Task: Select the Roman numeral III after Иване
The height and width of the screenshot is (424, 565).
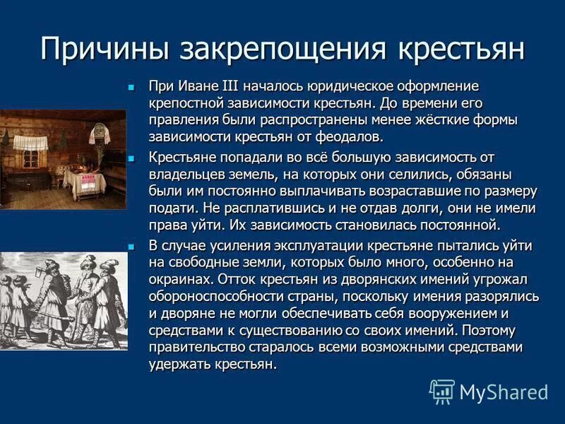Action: pyautogui.click(x=229, y=86)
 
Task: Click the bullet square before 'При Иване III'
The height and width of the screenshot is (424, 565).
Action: pyautogui.click(x=131, y=87)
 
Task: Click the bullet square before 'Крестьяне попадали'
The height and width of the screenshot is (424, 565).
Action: pyautogui.click(x=131, y=157)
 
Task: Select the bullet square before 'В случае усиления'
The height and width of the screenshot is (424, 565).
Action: pyautogui.click(x=131, y=245)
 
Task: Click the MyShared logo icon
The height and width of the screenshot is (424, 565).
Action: pyautogui.click(x=442, y=391)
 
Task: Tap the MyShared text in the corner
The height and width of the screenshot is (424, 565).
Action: pyautogui.click(x=504, y=392)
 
